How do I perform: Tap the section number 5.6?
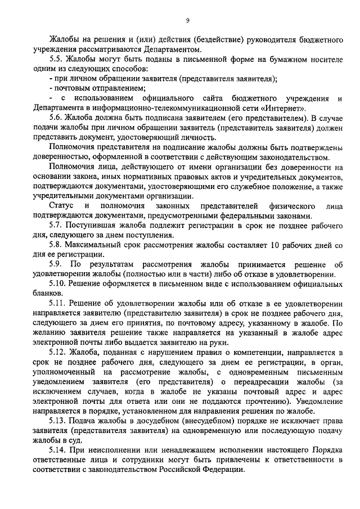(56, 118)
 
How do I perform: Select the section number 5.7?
(56, 226)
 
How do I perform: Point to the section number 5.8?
(56, 245)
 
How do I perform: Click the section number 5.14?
(57, 452)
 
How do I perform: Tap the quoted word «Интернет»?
(286, 108)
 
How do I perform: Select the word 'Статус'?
(62, 206)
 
